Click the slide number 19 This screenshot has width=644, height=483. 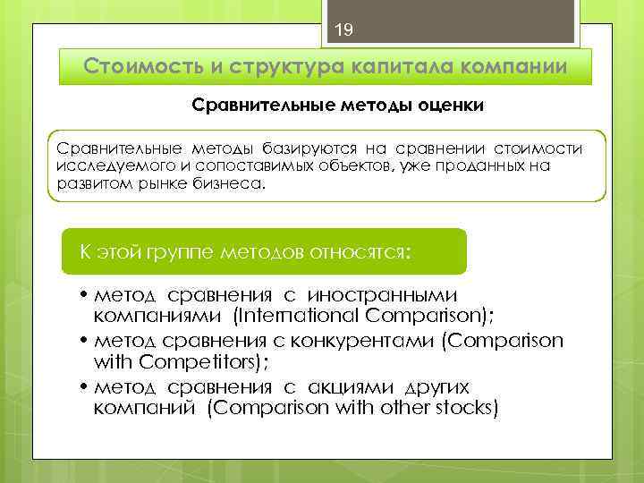pos(344,30)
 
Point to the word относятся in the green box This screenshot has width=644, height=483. pos(357,251)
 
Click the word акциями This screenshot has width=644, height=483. pos(345,386)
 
